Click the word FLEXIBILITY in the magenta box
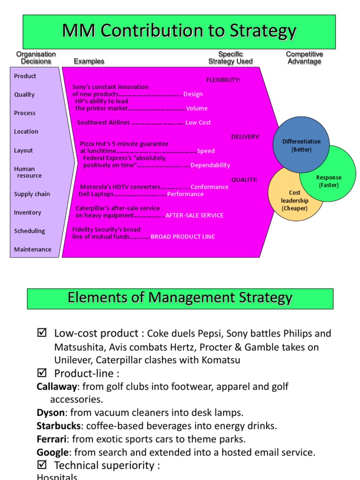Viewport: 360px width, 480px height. tap(223, 80)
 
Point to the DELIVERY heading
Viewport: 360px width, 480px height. tap(245, 137)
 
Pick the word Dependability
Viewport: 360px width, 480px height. tap(210, 165)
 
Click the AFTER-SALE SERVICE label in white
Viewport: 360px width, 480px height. tap(195, 216)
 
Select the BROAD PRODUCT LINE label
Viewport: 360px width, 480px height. tap(183, 237)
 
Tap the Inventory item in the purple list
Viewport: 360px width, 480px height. tap(27, 213)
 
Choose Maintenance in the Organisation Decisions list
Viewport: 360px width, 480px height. tap(33, 249)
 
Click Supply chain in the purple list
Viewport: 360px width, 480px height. tap(32, 194)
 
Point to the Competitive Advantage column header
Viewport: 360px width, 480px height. tap(304, 58)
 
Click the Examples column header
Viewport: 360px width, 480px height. tap(89, 61)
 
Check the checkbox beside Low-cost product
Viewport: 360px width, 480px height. tap(42, 333)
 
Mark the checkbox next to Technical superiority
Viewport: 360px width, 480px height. tap(42, 465)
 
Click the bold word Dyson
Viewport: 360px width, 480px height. tap(50, 413)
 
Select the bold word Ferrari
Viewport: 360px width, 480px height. tap(52, 439)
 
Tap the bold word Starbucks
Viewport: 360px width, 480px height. tap(59, 426)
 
